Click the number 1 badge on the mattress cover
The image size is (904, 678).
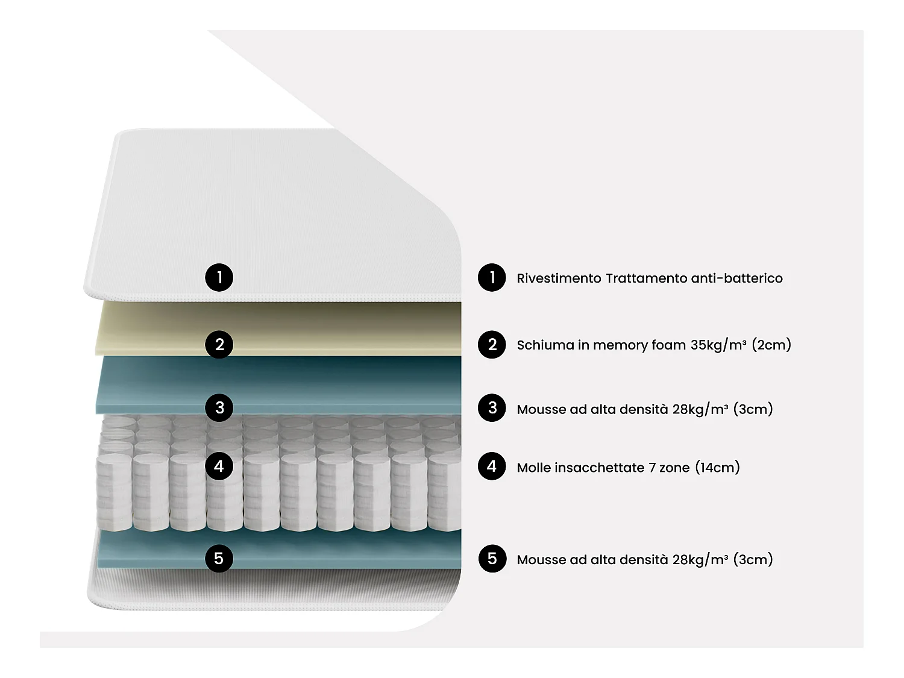pyautogui.click(x=219, y=277)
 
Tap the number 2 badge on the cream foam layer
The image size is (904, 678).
pyautogui.click(x=219, y=345)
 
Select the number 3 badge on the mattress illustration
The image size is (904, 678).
pyautogui.click(x=219, y=407)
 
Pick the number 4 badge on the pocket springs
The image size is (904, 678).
pyautogui.click(x=219, y=466)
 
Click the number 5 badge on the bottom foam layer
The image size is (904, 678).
pyautogui.click(x=219, y=558)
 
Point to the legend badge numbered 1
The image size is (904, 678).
pyautogui.click(x=492, y=277)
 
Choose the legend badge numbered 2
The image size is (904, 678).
pyautogui.click(x=492, y=345)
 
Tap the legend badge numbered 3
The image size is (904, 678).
pyautogui.click(x=492, y=408)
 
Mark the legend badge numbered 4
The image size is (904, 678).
pyautogui.click(x=492, y=466)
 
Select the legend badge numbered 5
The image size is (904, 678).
pyautogui.click(x=492, y=558)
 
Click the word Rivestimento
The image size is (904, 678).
pyautogui.click(x=559, y=278)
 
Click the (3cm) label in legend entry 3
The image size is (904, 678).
pyautogui.click(x=753, y=409)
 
